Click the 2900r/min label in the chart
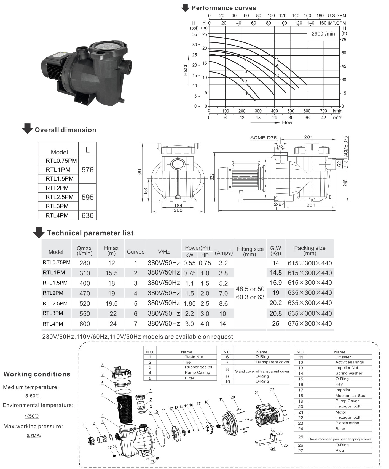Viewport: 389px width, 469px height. [323, 34]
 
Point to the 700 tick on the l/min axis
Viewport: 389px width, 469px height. [323, 111]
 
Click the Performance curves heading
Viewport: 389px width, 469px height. [224, 8]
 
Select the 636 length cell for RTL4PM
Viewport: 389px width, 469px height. [88, 215]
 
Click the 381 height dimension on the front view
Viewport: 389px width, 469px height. [140, 172]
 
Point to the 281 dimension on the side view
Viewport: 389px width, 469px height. [308, 137]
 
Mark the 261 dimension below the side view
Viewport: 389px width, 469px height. [310, 205]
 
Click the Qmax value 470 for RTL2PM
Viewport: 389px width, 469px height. [85, 293]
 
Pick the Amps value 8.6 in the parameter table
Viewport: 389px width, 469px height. [223, 303]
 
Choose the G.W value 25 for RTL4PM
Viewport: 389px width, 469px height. [276, 324]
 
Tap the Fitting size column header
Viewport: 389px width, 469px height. [250, 251]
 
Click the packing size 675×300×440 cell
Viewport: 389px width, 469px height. [310, 324]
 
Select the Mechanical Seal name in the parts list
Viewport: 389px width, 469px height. [351, 395]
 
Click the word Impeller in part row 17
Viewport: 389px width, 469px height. [343, 390]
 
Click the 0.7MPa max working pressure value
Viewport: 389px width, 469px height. [34, 436]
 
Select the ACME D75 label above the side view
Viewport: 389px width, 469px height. [263, 138]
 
